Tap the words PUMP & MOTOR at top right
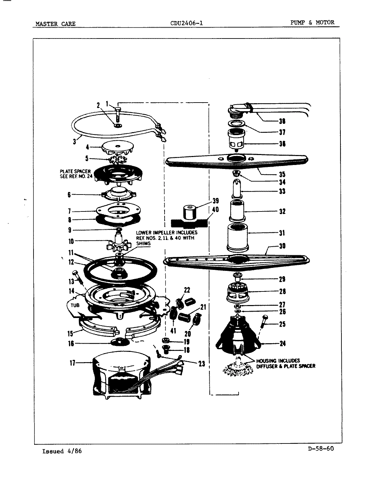312,23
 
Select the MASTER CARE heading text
55,24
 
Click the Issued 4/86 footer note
62,451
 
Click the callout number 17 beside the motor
72,363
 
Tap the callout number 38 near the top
282,121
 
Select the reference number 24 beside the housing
282,344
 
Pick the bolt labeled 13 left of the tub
77,276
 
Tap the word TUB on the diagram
75,305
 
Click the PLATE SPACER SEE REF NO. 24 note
75,174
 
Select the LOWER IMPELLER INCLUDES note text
166,238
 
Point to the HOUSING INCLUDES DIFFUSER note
285,363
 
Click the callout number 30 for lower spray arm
282,246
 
